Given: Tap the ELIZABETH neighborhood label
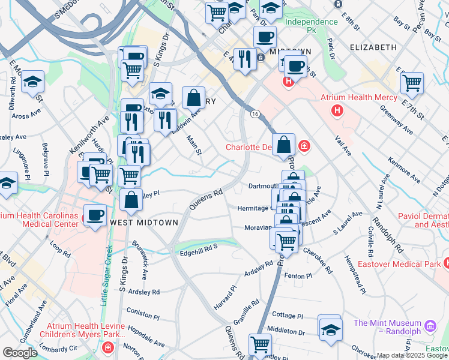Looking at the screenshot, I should [x=373, y=47].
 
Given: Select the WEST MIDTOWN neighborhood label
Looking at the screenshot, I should [x=144, y=223].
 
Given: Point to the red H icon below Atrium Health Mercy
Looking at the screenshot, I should [x=337, y=110].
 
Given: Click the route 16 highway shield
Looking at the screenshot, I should [x=255, y=114].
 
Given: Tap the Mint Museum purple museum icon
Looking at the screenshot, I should [x=430, y=326].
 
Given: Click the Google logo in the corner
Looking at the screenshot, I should [x=20, y=353].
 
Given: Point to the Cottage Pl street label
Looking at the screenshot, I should [x=285, y=315].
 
